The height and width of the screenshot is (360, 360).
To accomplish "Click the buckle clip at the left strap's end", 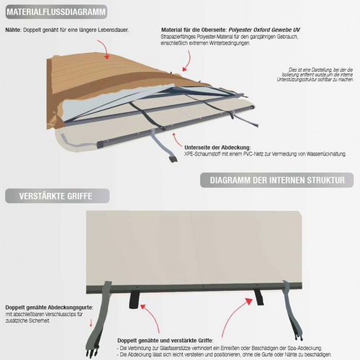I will pyautogui.click(x=91, y=353).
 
